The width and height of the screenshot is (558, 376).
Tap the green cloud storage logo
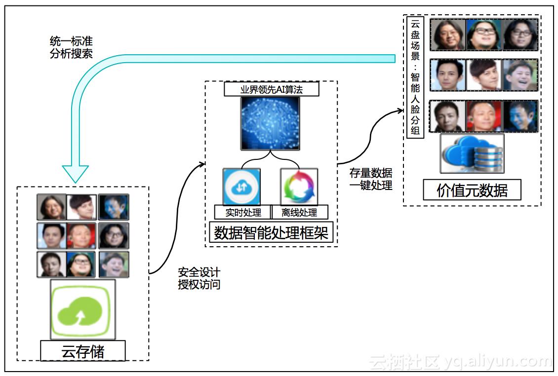(x=83, y=309)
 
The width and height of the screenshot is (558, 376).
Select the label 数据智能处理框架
(x=271, y=232)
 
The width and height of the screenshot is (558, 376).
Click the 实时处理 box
(x=242, y=213)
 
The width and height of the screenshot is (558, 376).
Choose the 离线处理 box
(x=299, y=213)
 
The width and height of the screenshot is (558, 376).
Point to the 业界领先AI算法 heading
(x=271, y=89)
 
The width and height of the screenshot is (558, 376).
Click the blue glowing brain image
(x=271, y=123)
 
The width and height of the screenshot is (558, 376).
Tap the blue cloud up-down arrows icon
(x=242, y=187)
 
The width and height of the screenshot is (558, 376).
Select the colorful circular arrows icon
(x=299, y=187)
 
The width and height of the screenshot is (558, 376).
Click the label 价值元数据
(x=472, y=190)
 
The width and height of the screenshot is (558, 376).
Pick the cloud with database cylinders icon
(x=472, y=153)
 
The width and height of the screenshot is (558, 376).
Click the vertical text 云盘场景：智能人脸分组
(x=415, y=77)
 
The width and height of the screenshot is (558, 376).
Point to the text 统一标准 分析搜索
(x=71, y=47)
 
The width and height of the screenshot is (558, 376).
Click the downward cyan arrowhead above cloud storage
(x=75, y=173)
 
